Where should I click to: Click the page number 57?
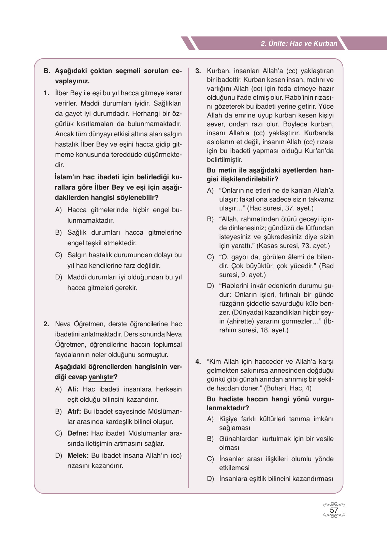(x=334, y=510)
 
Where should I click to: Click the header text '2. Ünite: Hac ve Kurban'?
(x=299, y=43)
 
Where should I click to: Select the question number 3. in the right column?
(x=198, y=71)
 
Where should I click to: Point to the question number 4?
(x=198, y=362)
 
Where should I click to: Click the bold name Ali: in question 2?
(x=73, y=389)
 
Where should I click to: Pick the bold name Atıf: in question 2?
(x=74, y=411)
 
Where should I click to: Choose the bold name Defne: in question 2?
(x=78, y=433)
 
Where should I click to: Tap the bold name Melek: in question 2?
(x=78, y=456)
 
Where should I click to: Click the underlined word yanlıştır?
(x=101, y=377)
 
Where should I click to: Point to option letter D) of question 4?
(x=210, y=479)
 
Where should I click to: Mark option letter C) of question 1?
(x=58, y=255)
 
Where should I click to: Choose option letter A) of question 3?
(x=210, y=191)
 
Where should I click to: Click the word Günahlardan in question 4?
(x=239, y=439)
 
